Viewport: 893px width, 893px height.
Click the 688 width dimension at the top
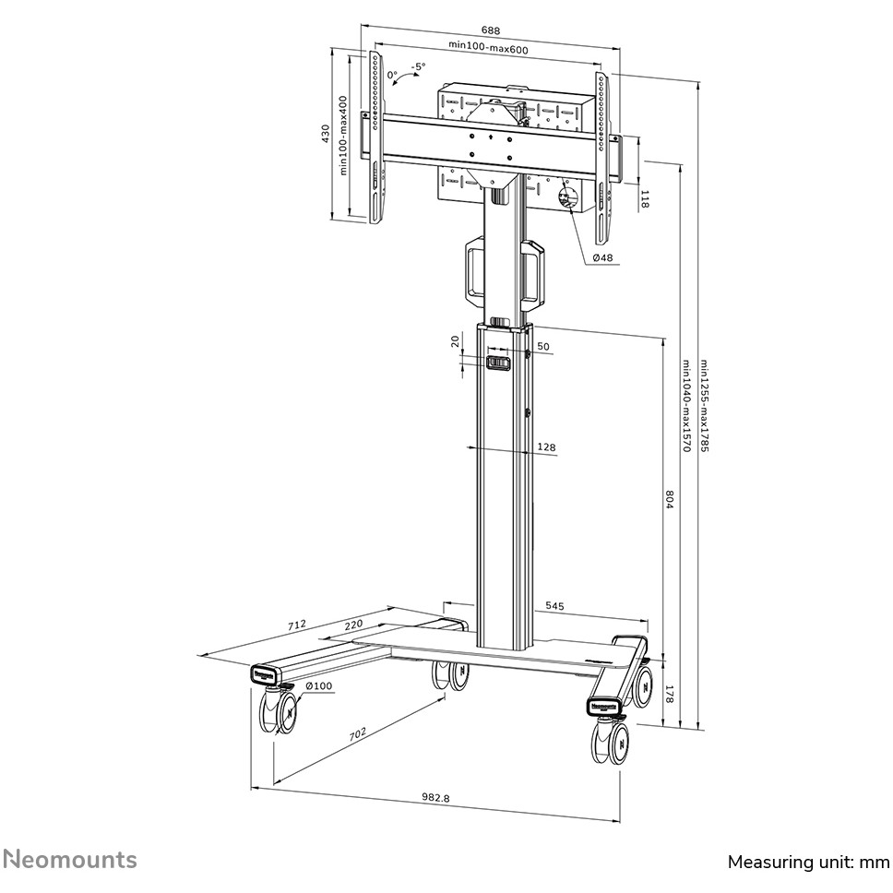click(491, 30)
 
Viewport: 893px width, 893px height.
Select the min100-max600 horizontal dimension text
click(488, 47)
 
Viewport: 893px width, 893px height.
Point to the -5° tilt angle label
click(418, 66)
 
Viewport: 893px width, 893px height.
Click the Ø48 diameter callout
click(602, 257)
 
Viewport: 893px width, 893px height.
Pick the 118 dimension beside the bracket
click(644, 198)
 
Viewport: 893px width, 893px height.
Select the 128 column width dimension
click(546, 447)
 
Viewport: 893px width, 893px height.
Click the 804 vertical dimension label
click(669, 499)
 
